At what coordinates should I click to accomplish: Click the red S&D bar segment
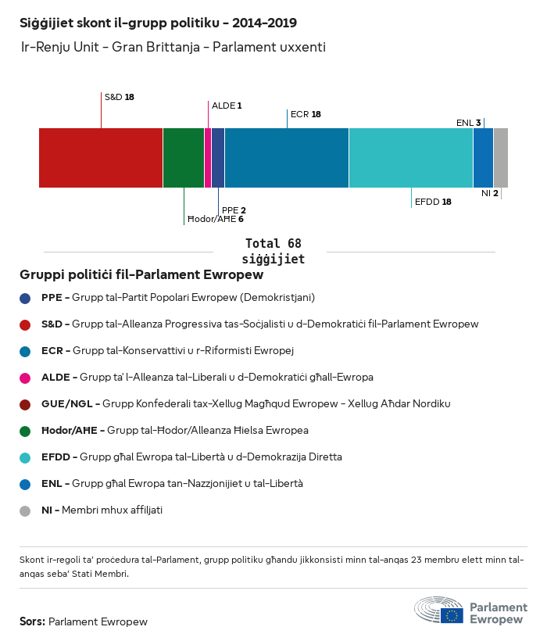tap(101, 158)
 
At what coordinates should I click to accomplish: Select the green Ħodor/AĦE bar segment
tap(184, 158)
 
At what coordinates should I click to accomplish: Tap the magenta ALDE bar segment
tap(208, 158)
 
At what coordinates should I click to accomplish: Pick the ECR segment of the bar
tap(287, 158)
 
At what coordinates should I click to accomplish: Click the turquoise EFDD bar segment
tap(411, 158)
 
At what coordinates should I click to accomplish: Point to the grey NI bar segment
tap(501, 158)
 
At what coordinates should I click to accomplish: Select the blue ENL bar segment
tap(484, 158)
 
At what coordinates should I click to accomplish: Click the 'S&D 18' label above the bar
tap(119, 97)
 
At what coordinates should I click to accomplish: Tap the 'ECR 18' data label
tap(306, 114)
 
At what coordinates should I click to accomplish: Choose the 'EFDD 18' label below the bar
tap(433, 202)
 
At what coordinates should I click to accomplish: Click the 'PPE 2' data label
tap(234, 210)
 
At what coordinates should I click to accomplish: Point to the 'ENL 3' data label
tap(468, 123)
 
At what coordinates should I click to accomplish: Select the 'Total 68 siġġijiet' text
tap(273, 251)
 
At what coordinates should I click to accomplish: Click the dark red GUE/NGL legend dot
tap(26, 404)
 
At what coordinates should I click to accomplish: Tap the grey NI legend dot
tap(26, 510)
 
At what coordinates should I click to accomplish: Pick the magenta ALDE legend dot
tap(26, 378)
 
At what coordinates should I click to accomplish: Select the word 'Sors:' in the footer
tap(32, 622)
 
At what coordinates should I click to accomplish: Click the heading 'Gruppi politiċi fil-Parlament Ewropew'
tap(141, 275)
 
